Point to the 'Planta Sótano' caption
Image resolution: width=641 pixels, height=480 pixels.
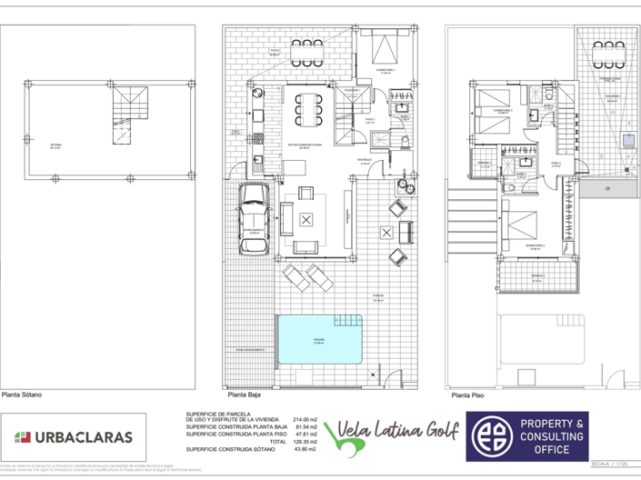tap(21, 395)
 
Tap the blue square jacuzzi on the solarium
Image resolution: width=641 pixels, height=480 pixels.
tap(628, 139)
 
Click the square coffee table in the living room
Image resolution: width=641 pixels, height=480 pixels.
tap(306, 219)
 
